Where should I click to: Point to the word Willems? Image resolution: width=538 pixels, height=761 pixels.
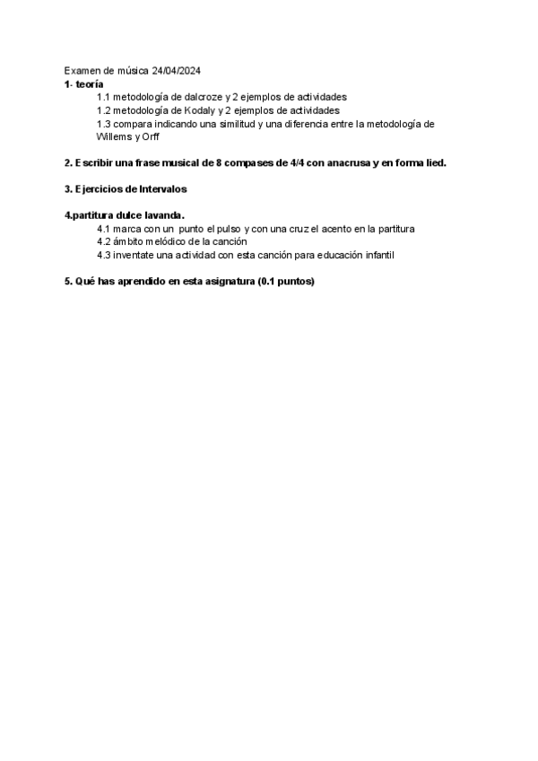coord(113,137)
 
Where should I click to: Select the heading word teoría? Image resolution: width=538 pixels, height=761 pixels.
coord(90,83)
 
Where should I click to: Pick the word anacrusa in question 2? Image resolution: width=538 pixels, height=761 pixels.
coord(343,163)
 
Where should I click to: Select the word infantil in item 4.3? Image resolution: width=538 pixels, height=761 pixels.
coord(377,255)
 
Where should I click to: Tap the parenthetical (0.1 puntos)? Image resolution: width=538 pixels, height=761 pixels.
coord(285,282)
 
